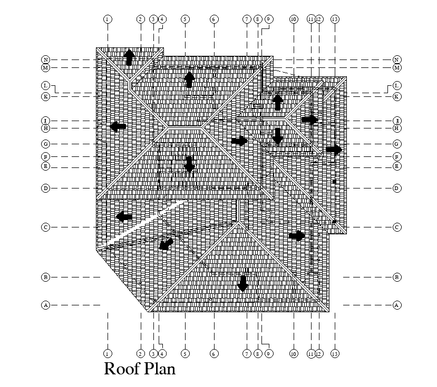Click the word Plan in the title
coord(158,369)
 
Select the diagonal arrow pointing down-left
coord(166,244)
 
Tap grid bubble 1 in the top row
coord(107,19)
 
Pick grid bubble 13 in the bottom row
coord(335,354)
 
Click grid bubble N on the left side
coord(46,59)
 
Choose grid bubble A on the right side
coord(397,305)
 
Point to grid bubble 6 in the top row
coord(214,19)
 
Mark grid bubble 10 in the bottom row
coord(294,354)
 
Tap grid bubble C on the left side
coord(46,227)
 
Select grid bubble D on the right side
coord(397,188)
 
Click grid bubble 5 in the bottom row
coord(185,354)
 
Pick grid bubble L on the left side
coord(46,85)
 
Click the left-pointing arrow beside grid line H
coord(118,126)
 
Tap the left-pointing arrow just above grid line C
coord(124,216)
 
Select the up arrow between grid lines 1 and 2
coord(129,57)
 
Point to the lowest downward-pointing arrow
coord(242,284)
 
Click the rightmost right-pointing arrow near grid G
coord(334,150)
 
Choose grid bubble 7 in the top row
coord(247,19)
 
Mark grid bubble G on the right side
coord(397,144)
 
